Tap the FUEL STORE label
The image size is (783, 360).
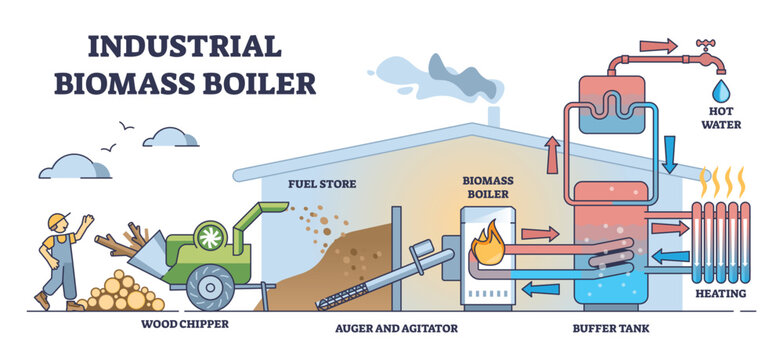click(316, 183)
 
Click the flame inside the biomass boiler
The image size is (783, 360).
click(490, 243)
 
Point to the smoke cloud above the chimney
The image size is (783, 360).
click(420, 72)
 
